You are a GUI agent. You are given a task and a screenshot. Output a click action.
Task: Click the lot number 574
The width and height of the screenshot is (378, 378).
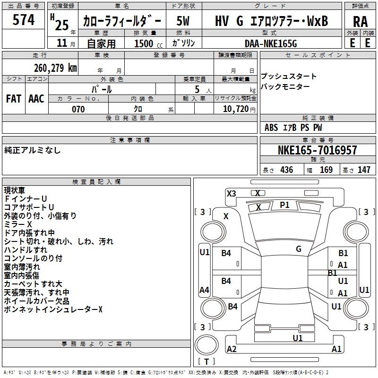[23, 19]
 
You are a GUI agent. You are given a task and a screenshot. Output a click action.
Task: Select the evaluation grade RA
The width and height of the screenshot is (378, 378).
[361, 21]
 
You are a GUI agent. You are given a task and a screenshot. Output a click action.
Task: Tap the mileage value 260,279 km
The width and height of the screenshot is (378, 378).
[55, 68]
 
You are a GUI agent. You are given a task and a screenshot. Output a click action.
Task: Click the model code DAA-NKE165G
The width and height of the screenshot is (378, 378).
[271, 43]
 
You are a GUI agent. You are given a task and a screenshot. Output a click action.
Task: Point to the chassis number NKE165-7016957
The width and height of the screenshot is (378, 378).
[318, 150]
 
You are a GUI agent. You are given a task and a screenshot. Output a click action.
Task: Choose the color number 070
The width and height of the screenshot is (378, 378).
[78, 109]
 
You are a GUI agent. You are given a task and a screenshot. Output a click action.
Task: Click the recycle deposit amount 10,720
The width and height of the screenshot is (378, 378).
[236, 109]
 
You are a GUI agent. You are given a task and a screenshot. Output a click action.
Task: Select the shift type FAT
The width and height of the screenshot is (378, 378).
[14, 99]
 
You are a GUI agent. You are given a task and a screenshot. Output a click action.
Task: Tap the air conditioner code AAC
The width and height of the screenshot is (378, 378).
[36, 99]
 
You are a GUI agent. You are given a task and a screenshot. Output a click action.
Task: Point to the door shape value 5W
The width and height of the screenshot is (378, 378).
[183, 21]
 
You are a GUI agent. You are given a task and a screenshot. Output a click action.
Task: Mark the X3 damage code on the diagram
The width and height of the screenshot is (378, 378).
[231, 194]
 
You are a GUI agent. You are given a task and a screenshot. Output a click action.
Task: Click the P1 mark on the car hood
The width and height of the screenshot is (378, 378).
[284, 205]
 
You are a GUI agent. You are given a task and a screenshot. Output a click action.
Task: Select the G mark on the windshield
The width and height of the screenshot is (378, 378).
[299, 249]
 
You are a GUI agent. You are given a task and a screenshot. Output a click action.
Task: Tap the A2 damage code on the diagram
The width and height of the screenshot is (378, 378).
[232, 349]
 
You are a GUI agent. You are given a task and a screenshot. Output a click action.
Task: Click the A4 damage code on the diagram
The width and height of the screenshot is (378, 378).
[204, 290]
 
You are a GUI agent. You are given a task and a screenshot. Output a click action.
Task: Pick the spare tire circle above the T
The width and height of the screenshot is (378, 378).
[206, 345]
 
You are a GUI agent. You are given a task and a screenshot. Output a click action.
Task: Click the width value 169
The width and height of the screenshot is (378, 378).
[326, 170]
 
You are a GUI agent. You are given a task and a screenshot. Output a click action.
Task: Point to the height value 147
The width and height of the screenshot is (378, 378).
[364, 170]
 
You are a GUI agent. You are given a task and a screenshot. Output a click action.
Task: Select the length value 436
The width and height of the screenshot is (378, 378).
[287, 170]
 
